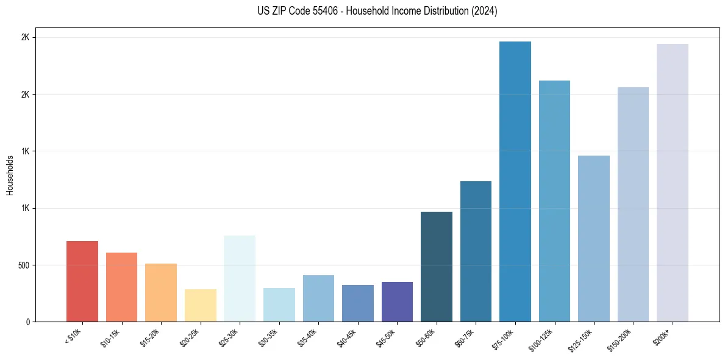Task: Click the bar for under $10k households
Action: [82, 281]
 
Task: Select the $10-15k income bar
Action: [121, 287]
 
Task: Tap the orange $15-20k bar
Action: [161, 292]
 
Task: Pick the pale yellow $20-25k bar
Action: [200, 305]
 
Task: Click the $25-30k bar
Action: [240, 278]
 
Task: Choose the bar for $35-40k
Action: [318, 298]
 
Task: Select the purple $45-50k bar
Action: [397, 301]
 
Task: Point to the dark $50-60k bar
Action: [437, 267]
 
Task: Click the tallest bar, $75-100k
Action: [515, 181]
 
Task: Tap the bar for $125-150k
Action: [594, 239]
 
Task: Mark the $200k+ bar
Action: [673, 182]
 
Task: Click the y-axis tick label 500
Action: [22, 265]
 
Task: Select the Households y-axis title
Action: [10, 175]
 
